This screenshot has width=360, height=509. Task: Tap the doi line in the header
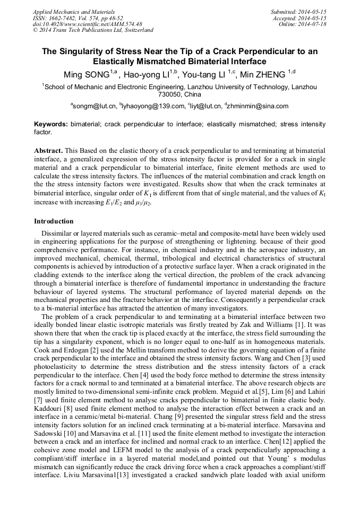87,24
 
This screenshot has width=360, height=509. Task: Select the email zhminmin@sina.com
258,106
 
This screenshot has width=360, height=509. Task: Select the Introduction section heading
54,221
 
